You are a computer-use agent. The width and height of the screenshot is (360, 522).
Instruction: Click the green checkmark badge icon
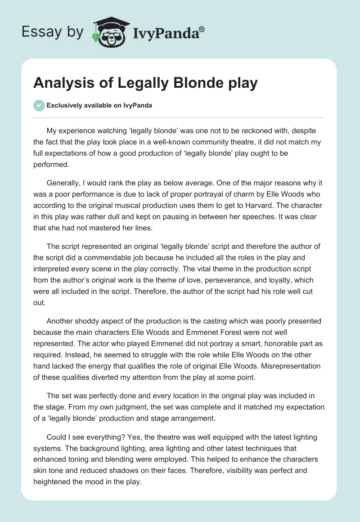click(x=39, y=105)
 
